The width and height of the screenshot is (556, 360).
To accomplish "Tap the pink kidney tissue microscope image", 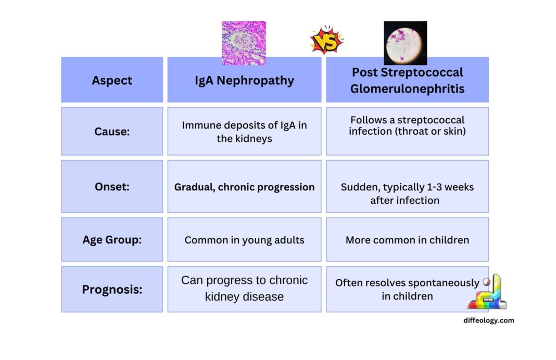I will click(244, 43).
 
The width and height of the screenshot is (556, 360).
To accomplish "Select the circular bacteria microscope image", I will click(405, 43).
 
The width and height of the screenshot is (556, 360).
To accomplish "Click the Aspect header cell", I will click(112, 80).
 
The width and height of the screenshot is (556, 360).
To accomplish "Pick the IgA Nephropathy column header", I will click(244, 81).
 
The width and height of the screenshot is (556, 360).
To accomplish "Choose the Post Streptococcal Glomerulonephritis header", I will click(407, 81).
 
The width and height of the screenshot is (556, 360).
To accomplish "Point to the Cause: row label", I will click(112, 132).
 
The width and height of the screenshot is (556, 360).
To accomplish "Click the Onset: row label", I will click(112, 186).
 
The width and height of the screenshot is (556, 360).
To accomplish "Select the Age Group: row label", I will click(112, 240).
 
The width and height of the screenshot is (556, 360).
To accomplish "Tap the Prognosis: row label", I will click(112, 289).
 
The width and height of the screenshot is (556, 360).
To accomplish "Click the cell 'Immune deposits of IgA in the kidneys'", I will click(244, 132).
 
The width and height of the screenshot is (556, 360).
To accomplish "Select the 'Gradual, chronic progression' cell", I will click(244, 187).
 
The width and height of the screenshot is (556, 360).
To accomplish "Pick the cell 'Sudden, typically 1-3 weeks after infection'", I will click(407, 194).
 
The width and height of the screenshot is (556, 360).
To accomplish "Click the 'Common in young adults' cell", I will click(244, 240).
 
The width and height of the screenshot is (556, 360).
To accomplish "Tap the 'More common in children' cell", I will click(407, 240).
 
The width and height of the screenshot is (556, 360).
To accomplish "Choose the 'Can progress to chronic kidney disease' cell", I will click(244, 289).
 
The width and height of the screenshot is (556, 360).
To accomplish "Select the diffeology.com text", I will click(488, 320).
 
